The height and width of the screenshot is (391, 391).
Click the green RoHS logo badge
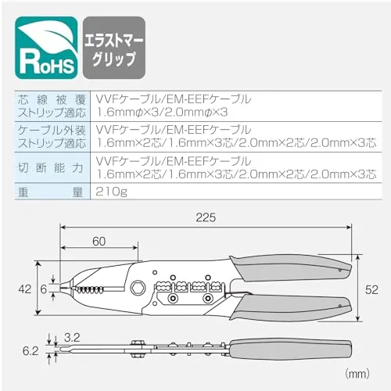pyautogui.click(x=46, y=48)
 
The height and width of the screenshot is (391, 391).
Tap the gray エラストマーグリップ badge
pyautogui.click(x=114, y=48)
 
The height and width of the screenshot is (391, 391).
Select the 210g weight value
pyautogui.click(x=111, y=192)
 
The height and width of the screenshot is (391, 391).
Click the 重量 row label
pyautogui.click(x=51, y=192)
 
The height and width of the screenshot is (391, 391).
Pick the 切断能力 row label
pyautogui.click(x=51, y=167)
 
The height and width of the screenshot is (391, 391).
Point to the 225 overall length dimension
pyautogui.click(x=206, y=217)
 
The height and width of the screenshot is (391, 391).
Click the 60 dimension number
pyautogui.click(x=99, y=242)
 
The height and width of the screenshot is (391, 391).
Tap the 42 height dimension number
pyautogui.click(x=25, y=289)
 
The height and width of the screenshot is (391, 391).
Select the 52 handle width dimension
pyautogui.click(x=371, y=289)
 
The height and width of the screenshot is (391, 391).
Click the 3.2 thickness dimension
pyautogui.click(x=72, y=338)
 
